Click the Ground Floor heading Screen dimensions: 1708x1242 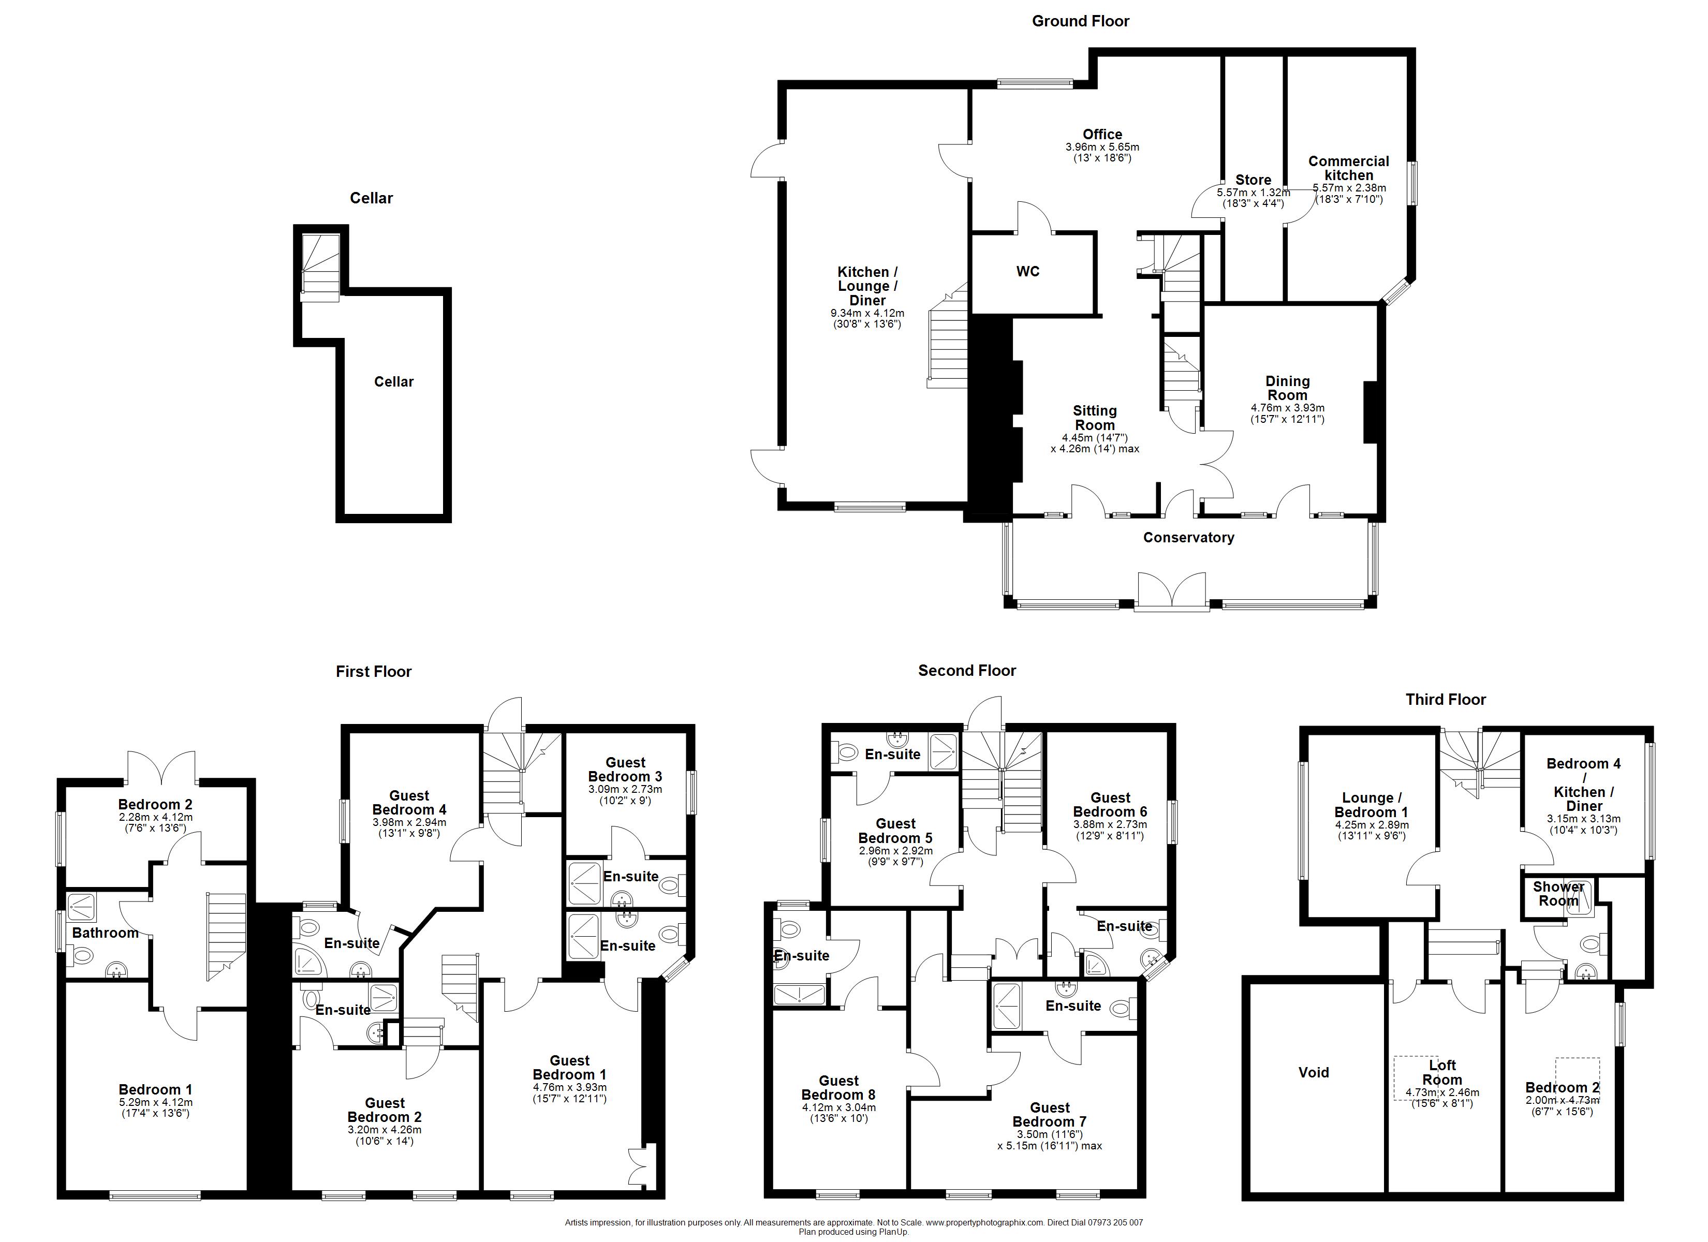click(x=1080, y=21)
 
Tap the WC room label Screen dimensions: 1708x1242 click(x=1028, y=271)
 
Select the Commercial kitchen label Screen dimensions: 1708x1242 click(x=1349, y=168)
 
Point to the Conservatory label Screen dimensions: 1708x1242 click(x=1188, y=537)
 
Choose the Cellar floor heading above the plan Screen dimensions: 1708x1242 click(x=371, y=198)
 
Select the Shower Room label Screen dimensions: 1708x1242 click(x=1558, y=894)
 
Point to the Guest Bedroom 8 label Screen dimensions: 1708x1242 click(x=838, y=1088)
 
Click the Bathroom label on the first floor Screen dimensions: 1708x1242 click(x=106, y=933)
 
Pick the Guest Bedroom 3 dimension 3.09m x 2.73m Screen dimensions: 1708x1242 click(x=625, y=789)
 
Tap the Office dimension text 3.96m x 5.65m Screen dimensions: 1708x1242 click(x=1102, y=147)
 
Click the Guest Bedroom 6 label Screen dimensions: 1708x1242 click(x=1110, y=804)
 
